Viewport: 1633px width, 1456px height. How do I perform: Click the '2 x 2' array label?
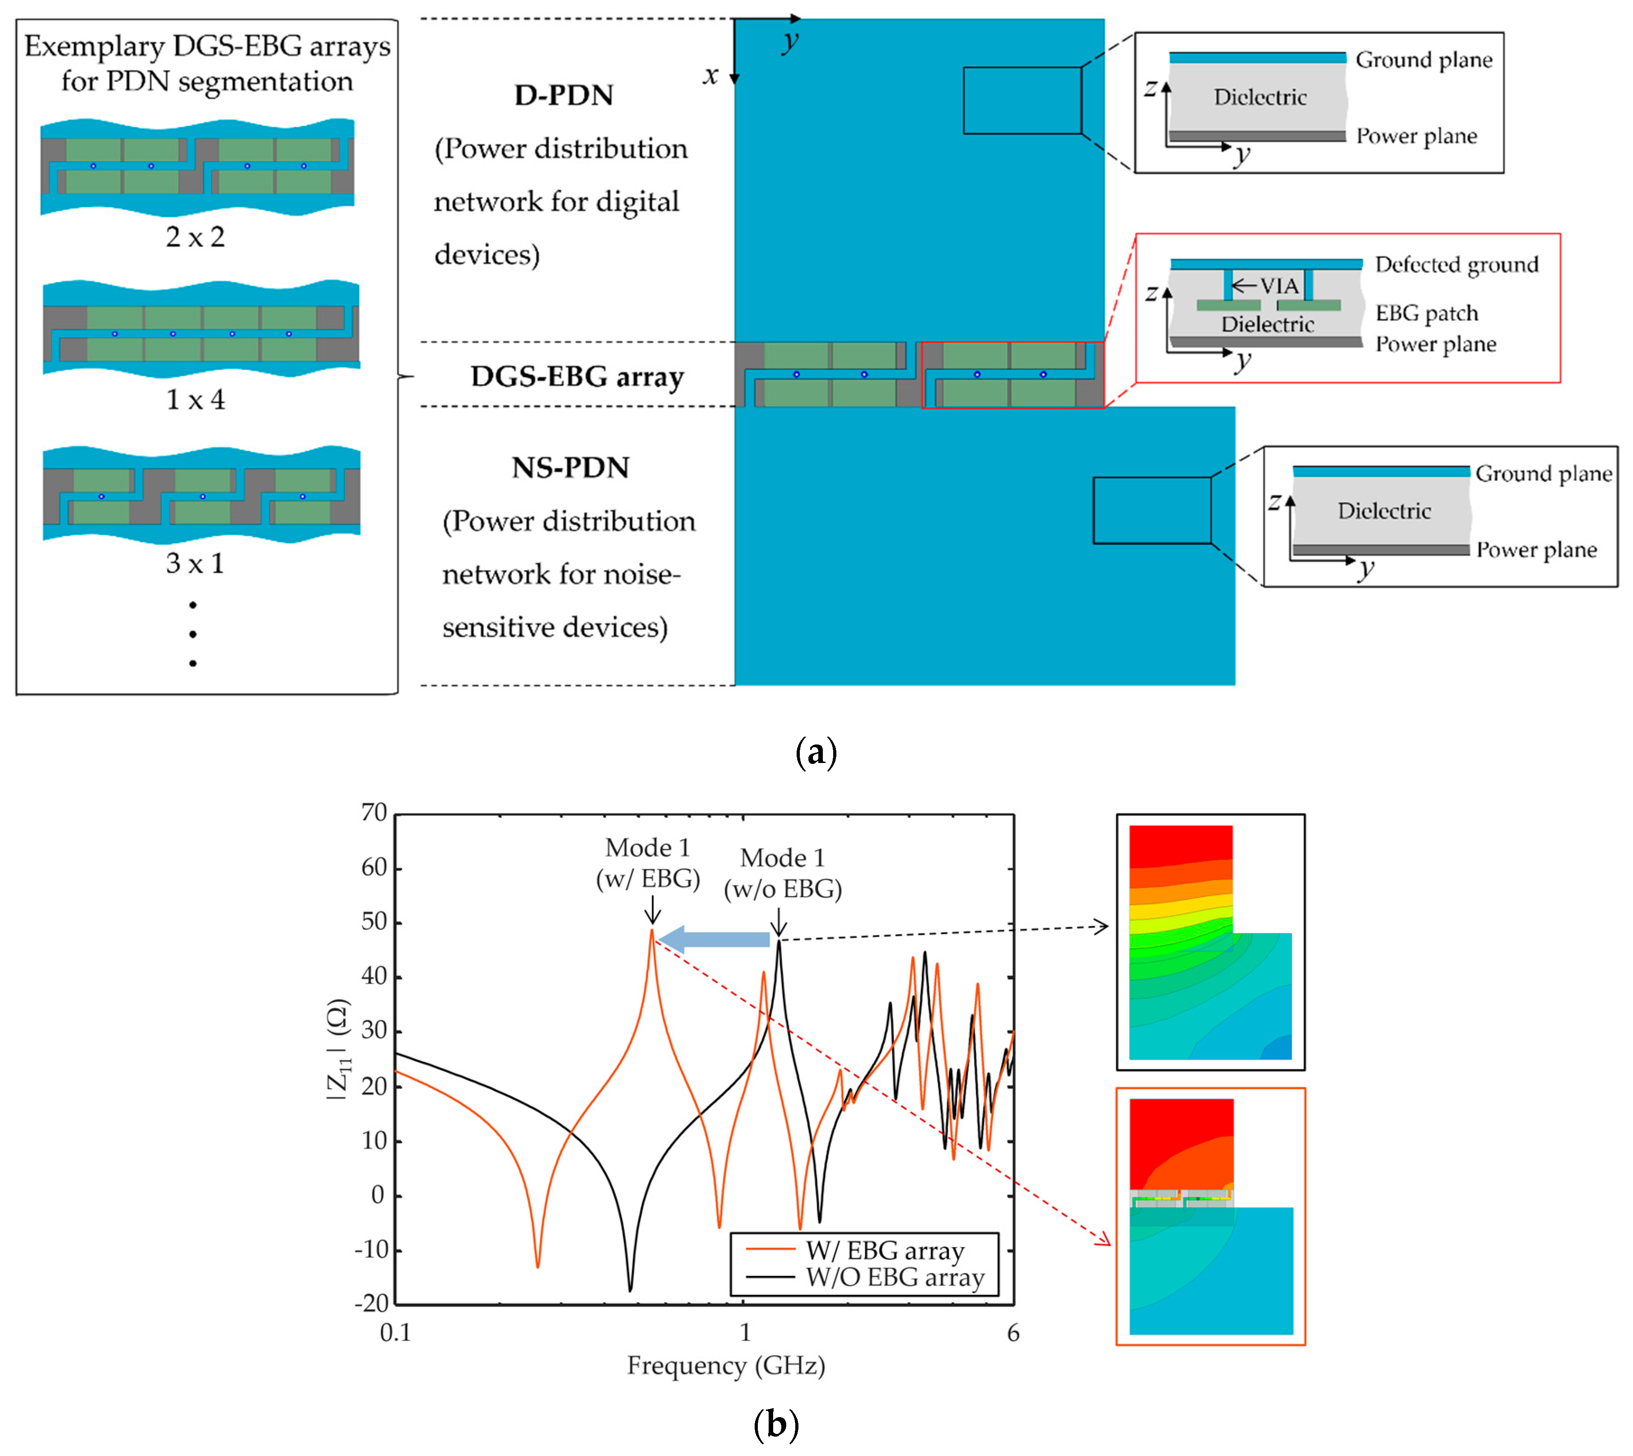[x=195, y=237]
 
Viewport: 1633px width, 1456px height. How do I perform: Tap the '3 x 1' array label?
[x=195, y=563]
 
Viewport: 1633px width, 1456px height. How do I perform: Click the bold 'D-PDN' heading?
[x=564, y=95]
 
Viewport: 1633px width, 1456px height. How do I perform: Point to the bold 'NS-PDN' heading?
[x=570, y=467]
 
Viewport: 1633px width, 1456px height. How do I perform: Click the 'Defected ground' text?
[x=1456, y=265]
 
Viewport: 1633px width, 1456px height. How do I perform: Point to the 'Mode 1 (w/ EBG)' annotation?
[x=648, y=863]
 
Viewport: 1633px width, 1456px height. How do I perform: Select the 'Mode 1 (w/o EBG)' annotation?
[x=782, y=874]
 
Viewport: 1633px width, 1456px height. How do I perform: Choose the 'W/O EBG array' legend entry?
[x=894, y=1278]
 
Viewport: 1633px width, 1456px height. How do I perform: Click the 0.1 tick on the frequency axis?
[x=395, y=1333]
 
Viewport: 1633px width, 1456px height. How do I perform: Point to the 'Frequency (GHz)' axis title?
[x=725, y=1366]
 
